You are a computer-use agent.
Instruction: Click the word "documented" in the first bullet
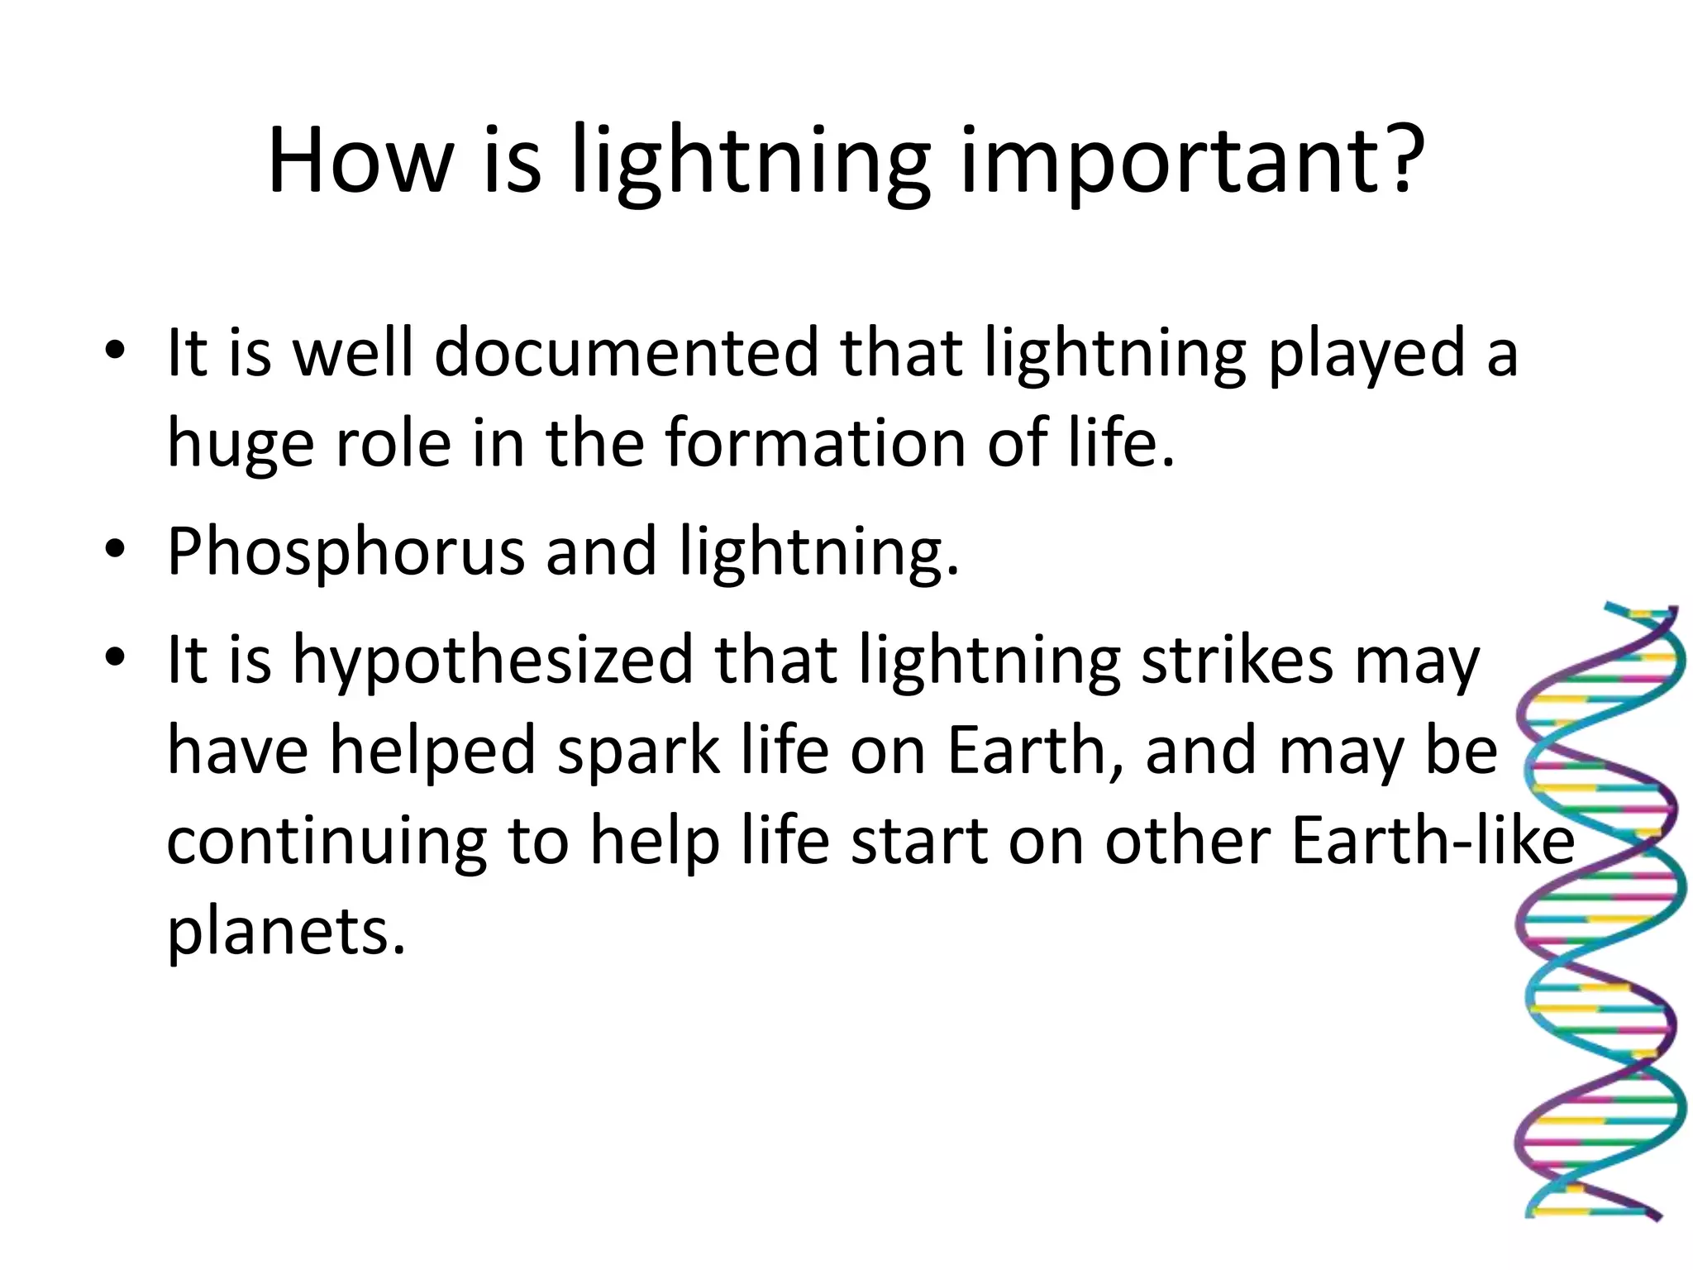pos(626,352)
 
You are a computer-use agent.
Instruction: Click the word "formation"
pos(815,442)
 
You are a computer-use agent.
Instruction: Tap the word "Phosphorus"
pos(346,552)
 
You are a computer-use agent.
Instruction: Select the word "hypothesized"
pos(493,661)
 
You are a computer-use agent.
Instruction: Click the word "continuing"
pos(327,843)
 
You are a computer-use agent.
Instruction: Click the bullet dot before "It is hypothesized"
pos(115,656)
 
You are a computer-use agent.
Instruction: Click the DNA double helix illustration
pos(1599,910)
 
